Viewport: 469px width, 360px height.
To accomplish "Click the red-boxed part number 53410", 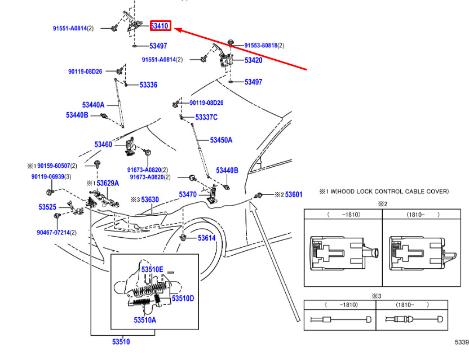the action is [160, 26].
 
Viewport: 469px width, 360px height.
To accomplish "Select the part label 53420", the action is [253, 60].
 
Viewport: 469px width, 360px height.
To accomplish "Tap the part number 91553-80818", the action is [261, 46].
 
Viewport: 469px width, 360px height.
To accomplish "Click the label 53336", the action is [148, 85].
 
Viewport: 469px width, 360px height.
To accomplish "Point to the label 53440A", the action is [94, 105].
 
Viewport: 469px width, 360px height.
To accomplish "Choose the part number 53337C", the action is [206, 117].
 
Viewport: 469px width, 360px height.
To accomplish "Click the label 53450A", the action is [221, 140].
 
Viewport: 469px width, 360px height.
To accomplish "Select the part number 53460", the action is [103, 144].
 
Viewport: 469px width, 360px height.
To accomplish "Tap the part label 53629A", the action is [108, 183].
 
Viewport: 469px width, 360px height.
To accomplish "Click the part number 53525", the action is [47, 207].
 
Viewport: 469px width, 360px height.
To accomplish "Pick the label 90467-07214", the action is [53, 232].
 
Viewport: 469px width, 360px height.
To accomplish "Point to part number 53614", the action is [207, 238].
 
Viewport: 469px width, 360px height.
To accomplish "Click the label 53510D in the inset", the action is [183, 299].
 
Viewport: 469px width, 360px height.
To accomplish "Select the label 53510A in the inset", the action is [145, 320].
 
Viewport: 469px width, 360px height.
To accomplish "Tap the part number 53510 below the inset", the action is [121, 342].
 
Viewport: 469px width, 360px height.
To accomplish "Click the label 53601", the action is [294, 195].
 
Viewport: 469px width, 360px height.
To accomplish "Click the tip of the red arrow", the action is [174, 29].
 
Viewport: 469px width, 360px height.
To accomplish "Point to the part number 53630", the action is [150, 199].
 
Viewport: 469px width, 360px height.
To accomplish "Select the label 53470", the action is [188, 195].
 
